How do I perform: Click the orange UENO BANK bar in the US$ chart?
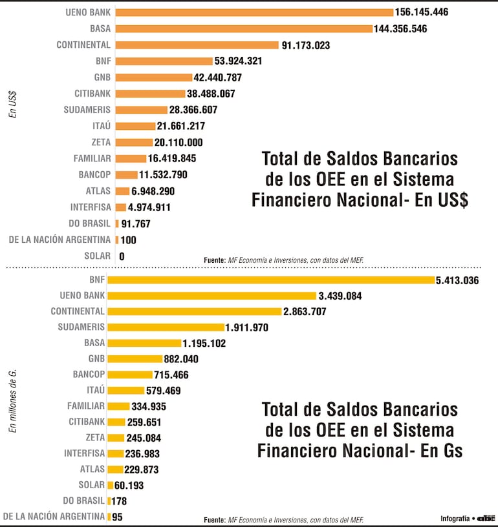254,12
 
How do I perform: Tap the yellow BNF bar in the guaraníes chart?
271,280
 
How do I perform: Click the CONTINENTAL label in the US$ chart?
83,45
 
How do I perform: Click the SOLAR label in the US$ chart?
97,256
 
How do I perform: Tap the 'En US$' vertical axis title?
12,104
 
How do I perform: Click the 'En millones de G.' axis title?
12,400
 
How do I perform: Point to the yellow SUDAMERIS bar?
166,327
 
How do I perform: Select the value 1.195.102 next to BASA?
204,343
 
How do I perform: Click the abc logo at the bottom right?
486,518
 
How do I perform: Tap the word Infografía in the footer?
455,518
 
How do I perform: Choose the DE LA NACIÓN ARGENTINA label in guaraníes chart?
54,516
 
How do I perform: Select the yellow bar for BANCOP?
130,375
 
